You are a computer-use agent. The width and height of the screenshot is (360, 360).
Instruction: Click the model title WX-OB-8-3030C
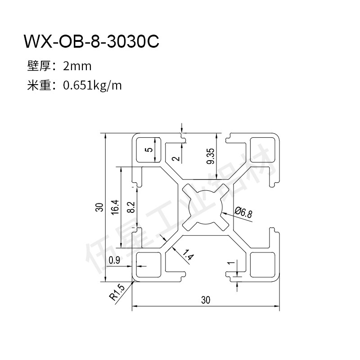pos(91,41)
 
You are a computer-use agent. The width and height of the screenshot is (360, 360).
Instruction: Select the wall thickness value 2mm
pos(77,66)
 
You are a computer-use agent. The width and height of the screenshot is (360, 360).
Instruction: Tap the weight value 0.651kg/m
pos(92,86)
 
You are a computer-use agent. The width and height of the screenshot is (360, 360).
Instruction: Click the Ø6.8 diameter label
pos(243,212)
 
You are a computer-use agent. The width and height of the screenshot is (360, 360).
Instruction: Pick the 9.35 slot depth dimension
pos(210,156)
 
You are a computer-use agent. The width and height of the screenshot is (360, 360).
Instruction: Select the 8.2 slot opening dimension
pos(131,207)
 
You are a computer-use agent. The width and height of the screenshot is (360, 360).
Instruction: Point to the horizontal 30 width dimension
pos(206,300)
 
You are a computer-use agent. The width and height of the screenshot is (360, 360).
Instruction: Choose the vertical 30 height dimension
pos(100,207)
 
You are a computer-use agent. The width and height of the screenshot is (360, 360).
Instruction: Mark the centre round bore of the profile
pos(206,207)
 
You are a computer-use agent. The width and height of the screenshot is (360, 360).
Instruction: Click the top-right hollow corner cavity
pos(263,149)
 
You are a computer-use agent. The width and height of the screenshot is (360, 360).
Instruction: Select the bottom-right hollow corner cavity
pos(263,265)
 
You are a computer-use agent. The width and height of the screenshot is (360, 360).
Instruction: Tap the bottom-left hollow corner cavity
pos(148,265)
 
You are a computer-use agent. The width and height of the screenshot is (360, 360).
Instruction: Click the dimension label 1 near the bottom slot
pos(231,263)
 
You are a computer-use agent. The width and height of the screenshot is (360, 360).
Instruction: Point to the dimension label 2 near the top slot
pos(176,158)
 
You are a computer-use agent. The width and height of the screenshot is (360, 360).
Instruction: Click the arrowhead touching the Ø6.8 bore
pos(223,214)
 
